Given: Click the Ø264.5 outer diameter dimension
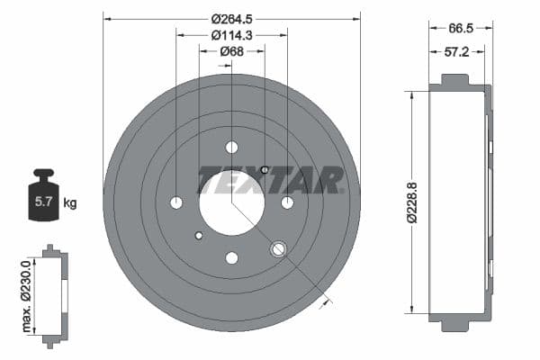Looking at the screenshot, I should pos(231,18).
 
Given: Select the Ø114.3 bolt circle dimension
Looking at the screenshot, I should pos(231,35).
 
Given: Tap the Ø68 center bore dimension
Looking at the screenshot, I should pos(231,51).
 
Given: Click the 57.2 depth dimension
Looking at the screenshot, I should pos(457,52).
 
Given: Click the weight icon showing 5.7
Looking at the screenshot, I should pos(42,195).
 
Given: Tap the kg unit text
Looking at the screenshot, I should pos(70,203).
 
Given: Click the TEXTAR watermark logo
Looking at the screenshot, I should pos(270,181).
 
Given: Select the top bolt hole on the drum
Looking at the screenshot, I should pos(231,147).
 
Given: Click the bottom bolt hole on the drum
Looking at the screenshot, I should pos(231,258).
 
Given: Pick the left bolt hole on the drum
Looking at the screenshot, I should pos(175,202).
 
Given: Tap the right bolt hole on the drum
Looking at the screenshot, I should pos(287,202).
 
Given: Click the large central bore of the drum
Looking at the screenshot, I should pos(231,202).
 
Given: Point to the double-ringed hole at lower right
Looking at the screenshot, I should pos(278,248).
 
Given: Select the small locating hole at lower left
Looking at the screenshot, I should pos(199,236).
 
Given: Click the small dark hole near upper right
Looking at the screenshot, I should pos(264,169).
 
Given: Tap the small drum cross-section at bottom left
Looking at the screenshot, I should pos(54,293).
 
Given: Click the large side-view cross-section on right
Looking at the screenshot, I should pos(461,205).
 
